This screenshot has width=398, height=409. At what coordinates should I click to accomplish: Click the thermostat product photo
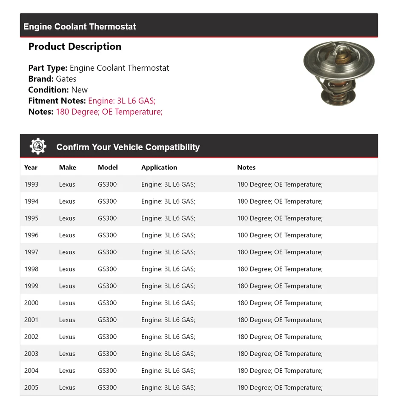[339, 73]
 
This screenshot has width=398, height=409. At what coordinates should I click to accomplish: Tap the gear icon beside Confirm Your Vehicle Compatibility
[38, 147]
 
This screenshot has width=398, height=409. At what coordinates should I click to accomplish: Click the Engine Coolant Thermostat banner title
[80, 26]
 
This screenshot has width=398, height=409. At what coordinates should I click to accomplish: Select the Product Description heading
[75, 46]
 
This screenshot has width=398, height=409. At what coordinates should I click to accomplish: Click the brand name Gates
[66, 79]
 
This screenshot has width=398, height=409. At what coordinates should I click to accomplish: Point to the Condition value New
[79, 90]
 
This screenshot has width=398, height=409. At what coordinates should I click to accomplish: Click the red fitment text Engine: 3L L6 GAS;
[122, 101]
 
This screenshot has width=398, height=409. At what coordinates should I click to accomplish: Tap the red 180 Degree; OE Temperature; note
[109, 112]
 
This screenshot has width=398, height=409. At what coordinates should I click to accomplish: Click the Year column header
[31, 167]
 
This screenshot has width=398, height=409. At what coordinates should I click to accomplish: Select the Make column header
[67, 167]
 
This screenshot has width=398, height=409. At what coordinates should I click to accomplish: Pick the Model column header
[108, 167]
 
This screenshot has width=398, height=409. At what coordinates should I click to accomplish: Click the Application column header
[159, 167]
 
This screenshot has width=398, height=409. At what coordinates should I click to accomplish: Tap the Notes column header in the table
[246, 167]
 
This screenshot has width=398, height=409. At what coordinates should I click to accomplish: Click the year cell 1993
[31, 184]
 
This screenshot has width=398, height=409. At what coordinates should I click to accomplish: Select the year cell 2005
[31, 388]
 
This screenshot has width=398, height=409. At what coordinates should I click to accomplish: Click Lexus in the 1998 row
[67, 269]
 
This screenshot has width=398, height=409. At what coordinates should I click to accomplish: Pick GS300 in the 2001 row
[107, 320]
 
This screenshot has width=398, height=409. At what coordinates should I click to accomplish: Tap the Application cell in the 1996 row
[168, 235]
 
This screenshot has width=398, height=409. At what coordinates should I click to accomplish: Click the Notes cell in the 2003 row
[280, 354]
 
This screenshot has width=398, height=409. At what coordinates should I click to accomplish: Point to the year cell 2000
[31, 303]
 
